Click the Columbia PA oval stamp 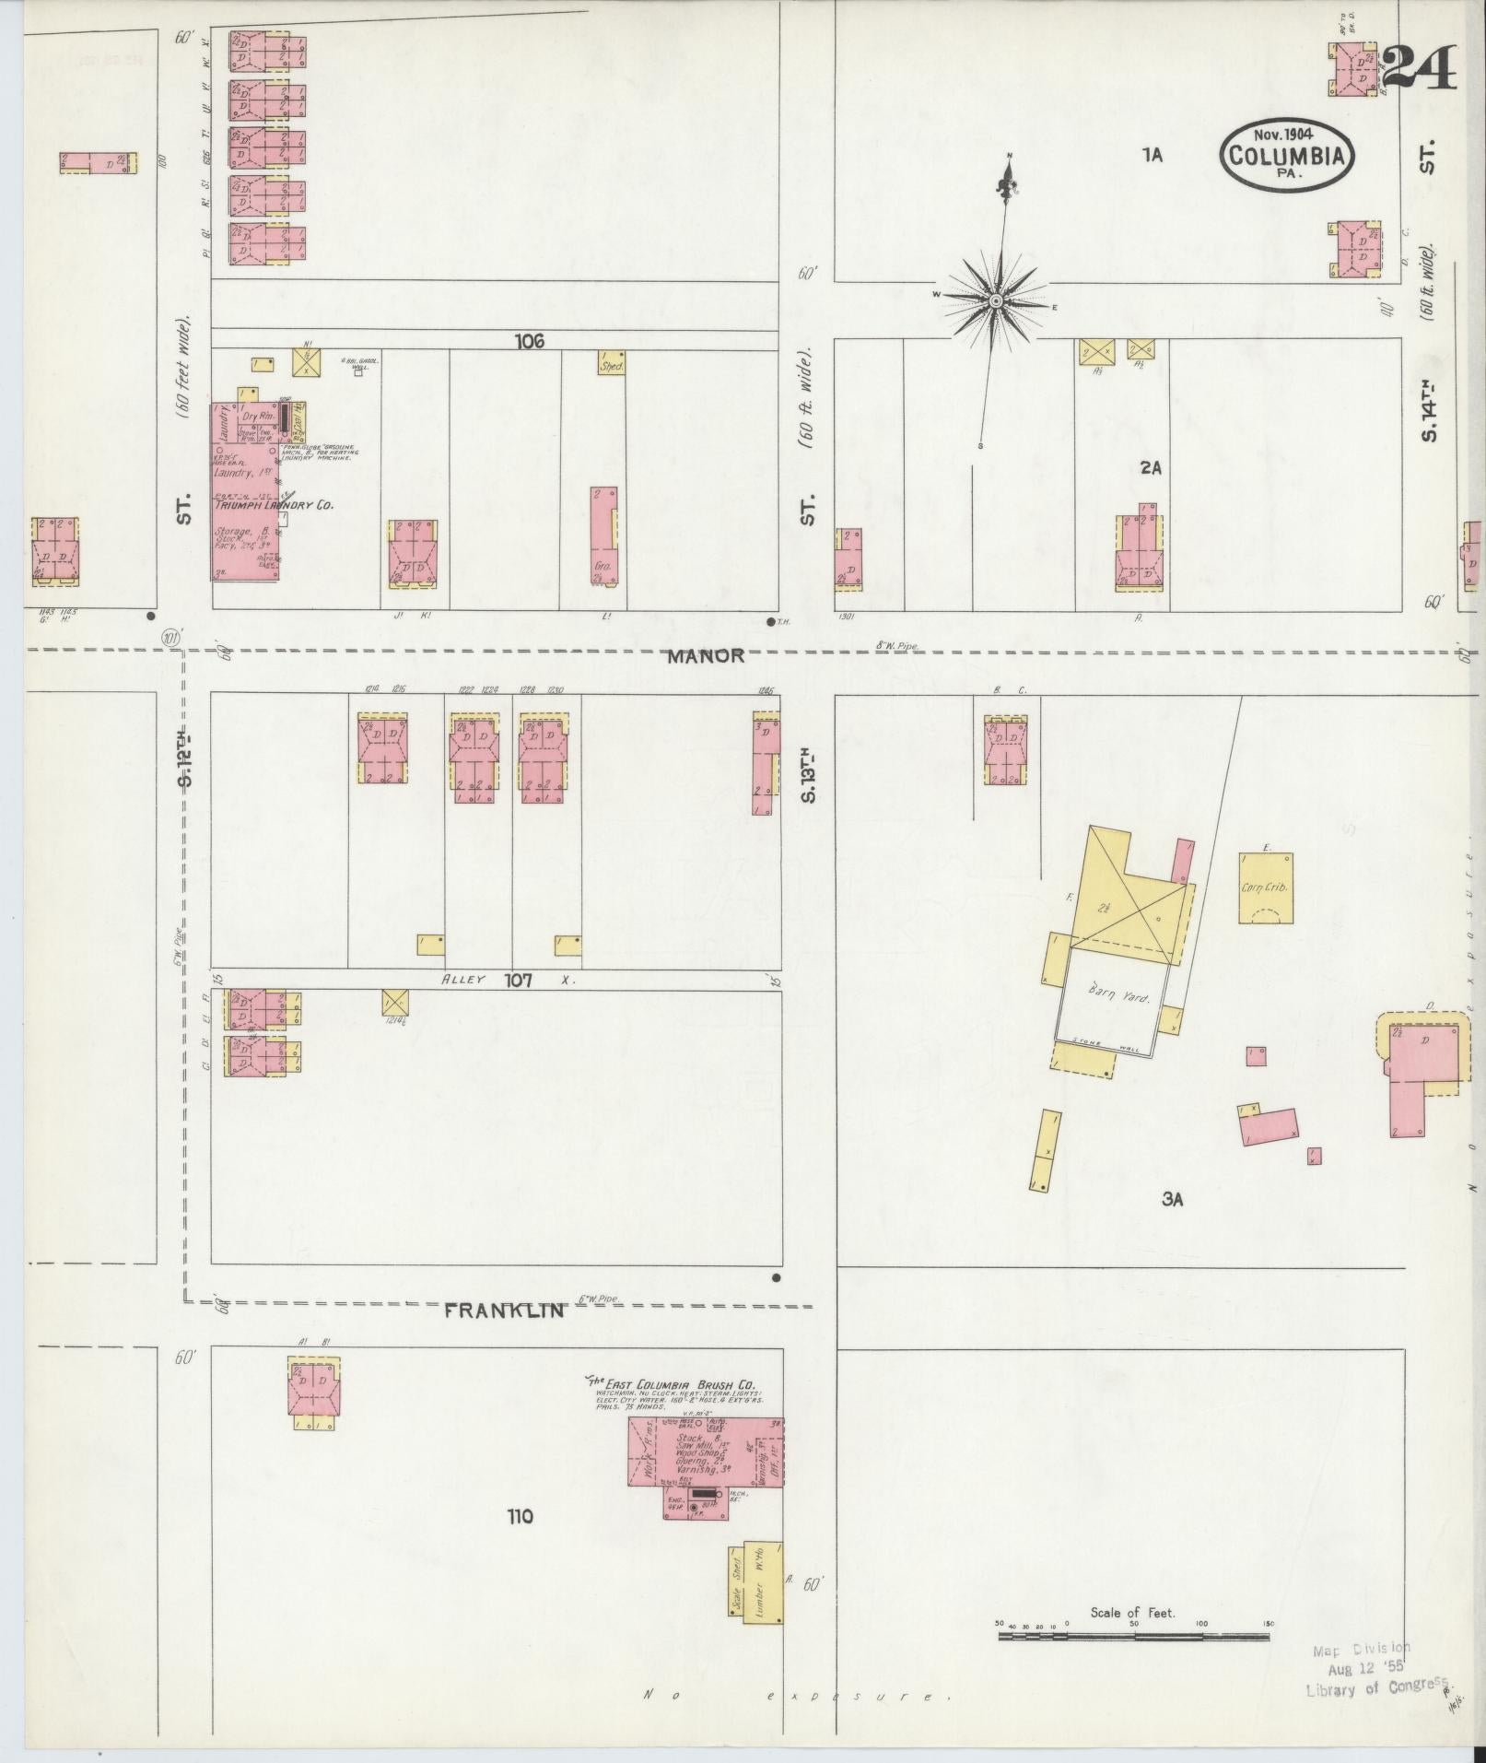coord(1287,156)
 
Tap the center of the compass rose coord(996,301)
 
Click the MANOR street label coord(706,656)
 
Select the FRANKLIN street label coord(503,1310)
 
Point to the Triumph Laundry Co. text coord(274,505)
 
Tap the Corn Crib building coord(1265,887)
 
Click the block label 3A coord(1171,1199)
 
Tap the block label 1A coord(1152,156)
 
